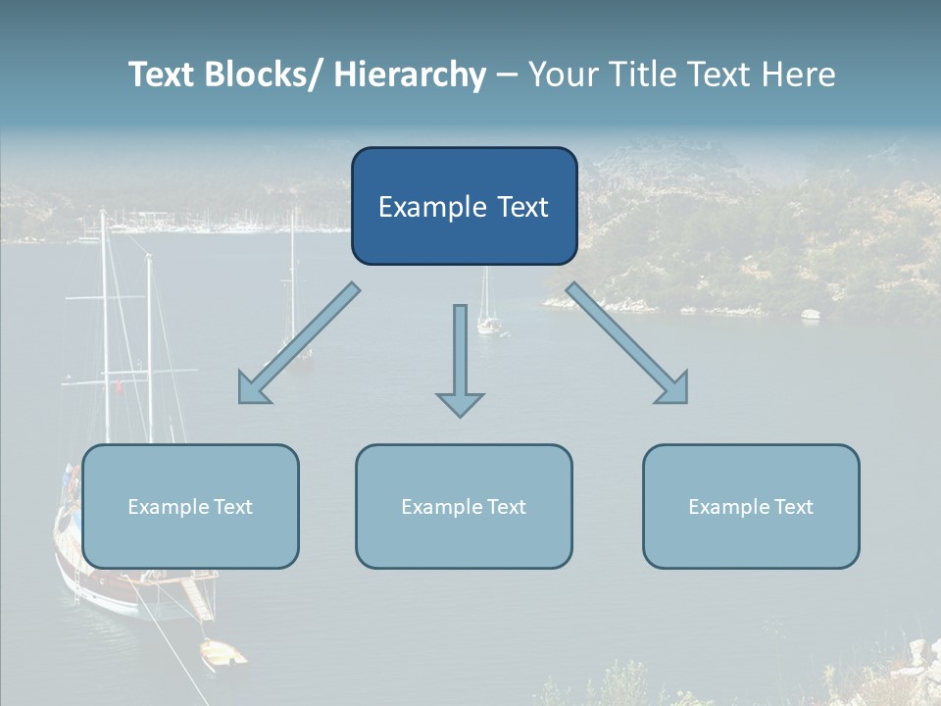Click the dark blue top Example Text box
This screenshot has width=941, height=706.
coord(464,206)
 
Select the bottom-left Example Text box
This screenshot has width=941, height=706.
coord(190,506)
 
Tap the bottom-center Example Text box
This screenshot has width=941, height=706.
coord(464,506)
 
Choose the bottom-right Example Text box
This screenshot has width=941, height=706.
coord(751,506)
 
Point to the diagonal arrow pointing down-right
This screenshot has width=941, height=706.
coord(627,343)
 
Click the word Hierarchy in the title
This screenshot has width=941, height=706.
coord(410,76)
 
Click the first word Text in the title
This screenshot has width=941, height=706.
coord(163,76)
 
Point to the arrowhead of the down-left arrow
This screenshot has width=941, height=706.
coord(251,391)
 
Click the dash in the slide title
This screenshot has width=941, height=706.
coord(507,76)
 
